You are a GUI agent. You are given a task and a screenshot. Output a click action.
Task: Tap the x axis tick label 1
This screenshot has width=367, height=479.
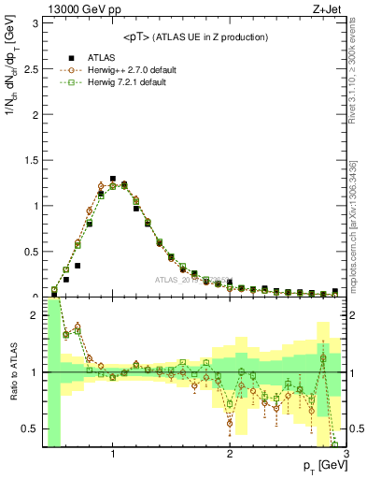[113, 456]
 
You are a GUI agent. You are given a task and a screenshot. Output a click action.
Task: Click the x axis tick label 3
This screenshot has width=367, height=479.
[346, 456]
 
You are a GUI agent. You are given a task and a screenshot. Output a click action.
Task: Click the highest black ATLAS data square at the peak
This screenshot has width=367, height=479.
[113, 178]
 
